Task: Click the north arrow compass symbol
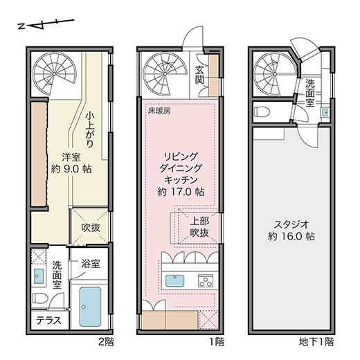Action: click(x=46, y=24)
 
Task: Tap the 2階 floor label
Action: click(x=106, y=342)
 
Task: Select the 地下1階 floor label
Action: click(x=316, y=342)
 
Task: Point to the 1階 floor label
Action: click(x=217, y=342)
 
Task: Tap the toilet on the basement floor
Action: click(x=262, y=112)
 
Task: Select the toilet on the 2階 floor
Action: click(x=40, y=298)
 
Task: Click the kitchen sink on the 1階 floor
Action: click(x=174, y=280)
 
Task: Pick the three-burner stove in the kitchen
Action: click(x=206, y=280)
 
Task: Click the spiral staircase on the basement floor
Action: click(x=275, y=74)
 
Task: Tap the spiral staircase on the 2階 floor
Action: click(x=54, y=74)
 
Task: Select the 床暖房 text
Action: click(x=159, y=111)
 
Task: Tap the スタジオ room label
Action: click(x=291, y=224)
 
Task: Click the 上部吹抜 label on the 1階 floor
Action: click(x=199, y=227)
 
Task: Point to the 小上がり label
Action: click(x=89, y=129)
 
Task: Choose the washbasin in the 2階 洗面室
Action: click(x=39, y=276)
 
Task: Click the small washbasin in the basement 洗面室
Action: click(x=325, y=113)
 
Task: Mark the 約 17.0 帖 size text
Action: click(x=181, y=192)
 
